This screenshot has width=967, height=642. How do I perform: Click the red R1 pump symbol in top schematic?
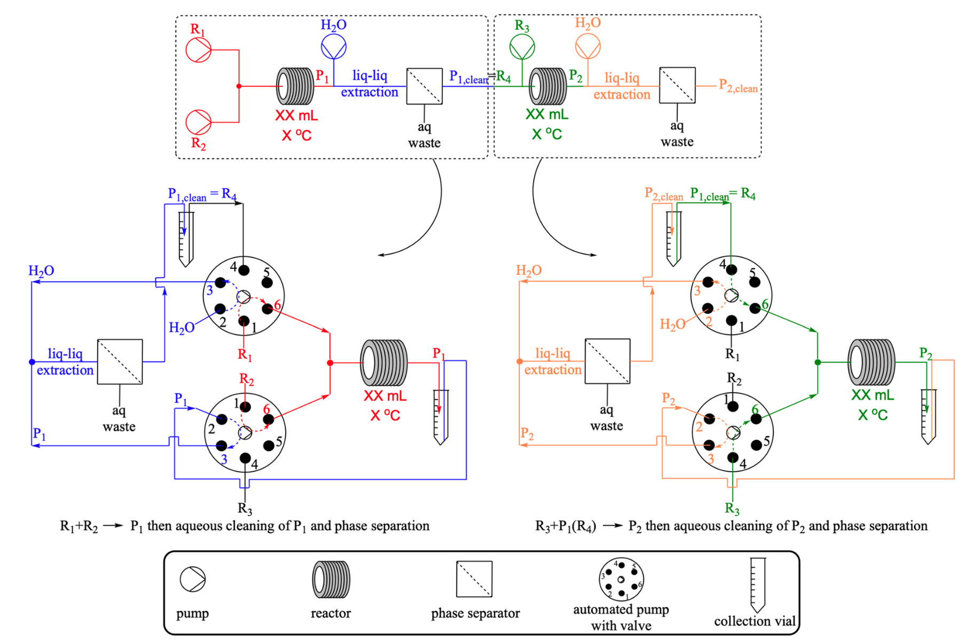199,50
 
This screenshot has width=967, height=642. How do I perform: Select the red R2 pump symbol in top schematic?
199,122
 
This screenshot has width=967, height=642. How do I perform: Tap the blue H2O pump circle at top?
334,46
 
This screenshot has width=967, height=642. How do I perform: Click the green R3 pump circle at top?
522,47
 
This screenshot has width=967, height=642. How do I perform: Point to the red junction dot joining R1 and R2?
239,86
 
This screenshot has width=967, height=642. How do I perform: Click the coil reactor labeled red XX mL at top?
295,86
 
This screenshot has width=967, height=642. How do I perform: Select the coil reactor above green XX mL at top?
548,86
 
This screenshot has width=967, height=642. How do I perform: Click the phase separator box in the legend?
474,579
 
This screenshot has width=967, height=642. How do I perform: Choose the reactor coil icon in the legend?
331,579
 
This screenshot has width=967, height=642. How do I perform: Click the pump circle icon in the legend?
193,579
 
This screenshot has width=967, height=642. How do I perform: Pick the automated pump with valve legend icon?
621,580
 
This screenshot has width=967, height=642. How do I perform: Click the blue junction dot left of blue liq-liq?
32,362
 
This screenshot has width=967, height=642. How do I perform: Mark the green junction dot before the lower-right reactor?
818,362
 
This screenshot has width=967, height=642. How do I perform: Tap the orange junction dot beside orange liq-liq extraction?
520,361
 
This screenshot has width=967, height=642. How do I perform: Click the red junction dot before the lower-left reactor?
330,363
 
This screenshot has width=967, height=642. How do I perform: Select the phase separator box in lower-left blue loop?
120,361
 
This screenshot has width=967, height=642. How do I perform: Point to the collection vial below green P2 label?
929,416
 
